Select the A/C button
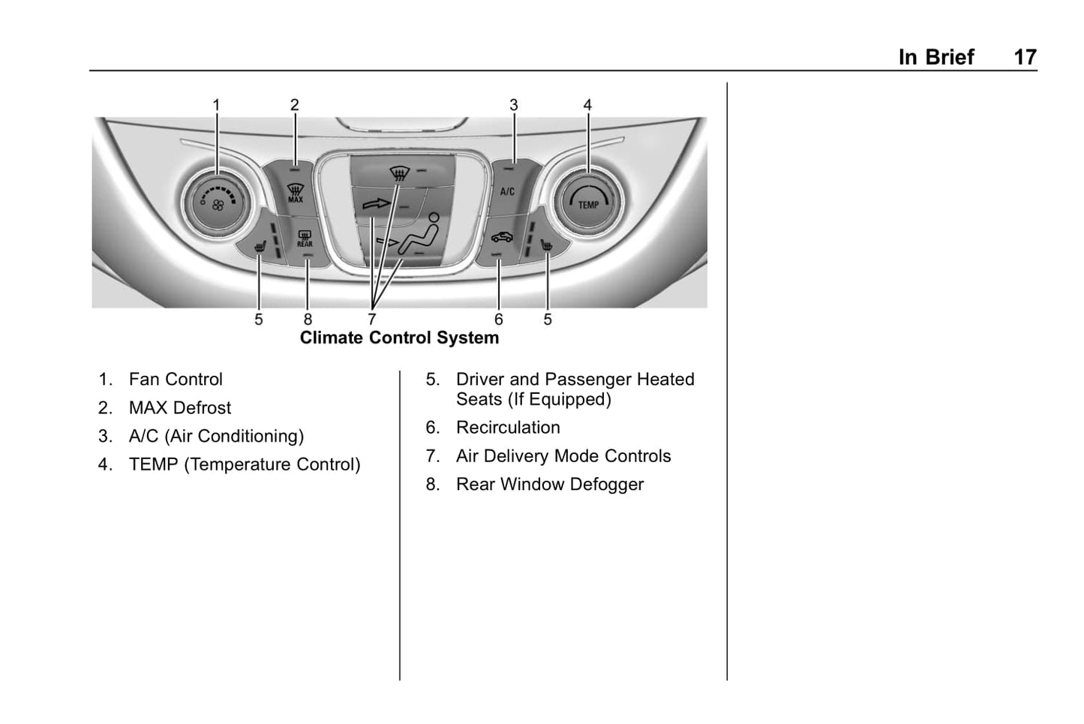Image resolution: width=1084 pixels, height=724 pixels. [508, 191]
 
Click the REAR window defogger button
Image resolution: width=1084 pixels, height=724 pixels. [305, 239]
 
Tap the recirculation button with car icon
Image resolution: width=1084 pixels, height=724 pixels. [502, 238]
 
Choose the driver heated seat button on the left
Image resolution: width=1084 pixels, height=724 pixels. [260, 245]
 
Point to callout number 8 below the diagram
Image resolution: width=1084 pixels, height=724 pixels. [308, 320]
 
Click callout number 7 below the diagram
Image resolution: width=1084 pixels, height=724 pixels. [371, 320]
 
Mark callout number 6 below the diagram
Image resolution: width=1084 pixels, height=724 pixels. [499, 320]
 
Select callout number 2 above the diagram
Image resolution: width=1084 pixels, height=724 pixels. [295, 105]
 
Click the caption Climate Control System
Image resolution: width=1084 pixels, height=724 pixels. [399, 338]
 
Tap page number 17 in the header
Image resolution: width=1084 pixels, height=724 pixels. [1025, 57]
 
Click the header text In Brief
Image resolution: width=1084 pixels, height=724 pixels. [935, 57]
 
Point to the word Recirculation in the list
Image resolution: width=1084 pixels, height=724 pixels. [508, 428]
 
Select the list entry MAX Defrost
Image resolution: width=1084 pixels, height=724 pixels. [180, 408]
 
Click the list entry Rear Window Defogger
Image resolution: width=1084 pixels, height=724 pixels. [550, 485]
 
